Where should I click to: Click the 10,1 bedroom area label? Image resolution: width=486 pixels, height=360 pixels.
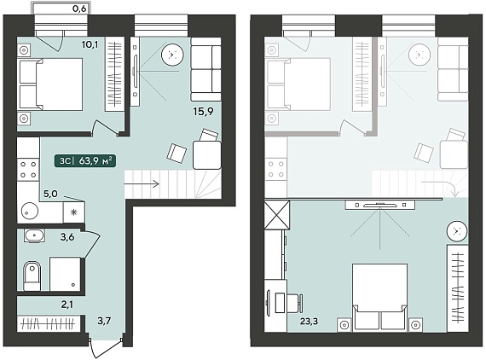(90, 44)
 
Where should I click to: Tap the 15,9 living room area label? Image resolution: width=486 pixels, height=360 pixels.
(203, 111)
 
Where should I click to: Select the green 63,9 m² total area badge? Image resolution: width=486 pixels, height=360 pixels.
(85, 160)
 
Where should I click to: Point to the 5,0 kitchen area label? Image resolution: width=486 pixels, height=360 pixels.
(50, 195)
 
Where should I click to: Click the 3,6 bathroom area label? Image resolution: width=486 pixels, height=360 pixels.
(67, 237)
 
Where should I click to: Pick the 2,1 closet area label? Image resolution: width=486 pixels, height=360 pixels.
(67, 305)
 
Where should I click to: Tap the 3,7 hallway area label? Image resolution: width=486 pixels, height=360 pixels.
(104, 321)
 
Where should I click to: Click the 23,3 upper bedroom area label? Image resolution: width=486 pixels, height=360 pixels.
(309, 321)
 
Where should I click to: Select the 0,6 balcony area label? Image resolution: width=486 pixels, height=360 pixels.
(79, 9)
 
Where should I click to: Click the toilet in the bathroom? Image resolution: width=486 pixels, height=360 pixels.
(32, 276)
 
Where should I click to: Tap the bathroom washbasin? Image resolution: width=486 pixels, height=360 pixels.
(34, 235)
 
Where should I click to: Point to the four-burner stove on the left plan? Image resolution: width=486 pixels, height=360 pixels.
(28, 170)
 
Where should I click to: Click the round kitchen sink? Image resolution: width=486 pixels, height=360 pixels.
(30, 212)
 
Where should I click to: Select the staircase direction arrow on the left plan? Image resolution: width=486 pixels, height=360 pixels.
(142, 184)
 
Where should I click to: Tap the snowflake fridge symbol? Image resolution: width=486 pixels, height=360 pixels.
(74, 212)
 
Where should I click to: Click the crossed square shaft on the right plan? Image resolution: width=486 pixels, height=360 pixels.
(277, 215)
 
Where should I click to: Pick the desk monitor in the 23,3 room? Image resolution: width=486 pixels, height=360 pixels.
(268, 303)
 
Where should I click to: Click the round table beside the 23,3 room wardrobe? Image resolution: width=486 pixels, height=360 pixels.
(457, 231)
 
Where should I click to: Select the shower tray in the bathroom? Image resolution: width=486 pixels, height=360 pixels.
(65, 274)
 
